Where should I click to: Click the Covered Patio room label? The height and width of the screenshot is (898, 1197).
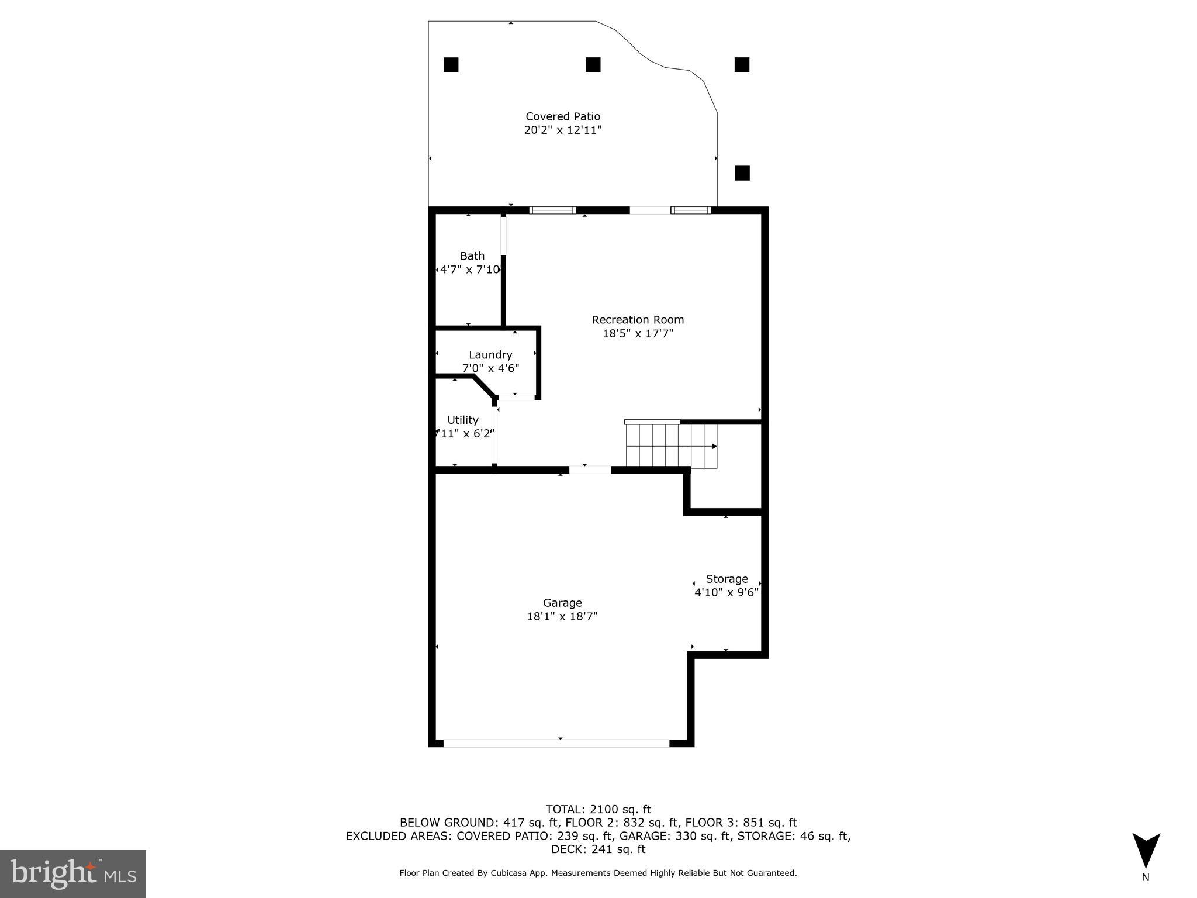coord(562,116)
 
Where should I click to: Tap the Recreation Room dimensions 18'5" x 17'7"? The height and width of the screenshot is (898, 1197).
coord(638,334)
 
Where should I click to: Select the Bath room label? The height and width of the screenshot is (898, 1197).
coord(472,256)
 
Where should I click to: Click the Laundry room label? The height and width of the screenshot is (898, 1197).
coord(490,355)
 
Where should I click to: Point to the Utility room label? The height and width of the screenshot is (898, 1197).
coord(462,420)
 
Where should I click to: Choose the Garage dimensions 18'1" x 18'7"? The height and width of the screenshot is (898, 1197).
coord(562,616)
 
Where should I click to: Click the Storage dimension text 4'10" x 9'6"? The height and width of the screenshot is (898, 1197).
coord(726,592)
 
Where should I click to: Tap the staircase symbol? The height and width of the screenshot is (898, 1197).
coord(671,445)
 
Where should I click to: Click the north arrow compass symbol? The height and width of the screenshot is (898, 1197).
coord(1146,851)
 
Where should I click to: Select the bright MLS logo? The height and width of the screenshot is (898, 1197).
coord(72,873)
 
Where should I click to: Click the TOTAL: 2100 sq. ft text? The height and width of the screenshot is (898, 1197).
coord(598,809)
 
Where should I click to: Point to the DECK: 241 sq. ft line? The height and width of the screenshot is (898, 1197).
coord(598,849)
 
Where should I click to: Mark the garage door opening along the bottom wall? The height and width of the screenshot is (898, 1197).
coord(556,743)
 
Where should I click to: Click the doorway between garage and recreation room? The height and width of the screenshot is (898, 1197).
coord(590,469)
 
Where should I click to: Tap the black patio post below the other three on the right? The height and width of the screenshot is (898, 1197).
coord(742,173)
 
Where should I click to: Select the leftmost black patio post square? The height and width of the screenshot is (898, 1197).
coord(451,65)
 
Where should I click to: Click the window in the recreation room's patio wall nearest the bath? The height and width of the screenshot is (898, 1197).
coord(552,210)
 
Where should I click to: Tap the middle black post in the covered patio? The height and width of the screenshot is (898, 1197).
coord(593,65)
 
